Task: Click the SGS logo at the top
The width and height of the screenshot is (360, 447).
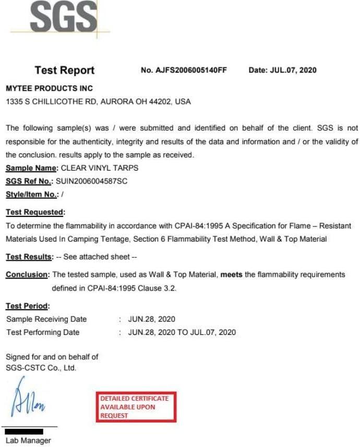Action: (x=63, y=17)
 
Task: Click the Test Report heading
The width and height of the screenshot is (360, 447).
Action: (x=65, y=70)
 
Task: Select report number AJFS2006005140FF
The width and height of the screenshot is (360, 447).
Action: (x=191, y=70)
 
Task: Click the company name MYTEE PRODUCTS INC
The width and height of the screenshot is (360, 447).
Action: (x=50, y=89)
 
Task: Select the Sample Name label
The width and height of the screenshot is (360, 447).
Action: (x=32, y=168)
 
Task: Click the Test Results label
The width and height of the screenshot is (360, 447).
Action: (x=29, y=257)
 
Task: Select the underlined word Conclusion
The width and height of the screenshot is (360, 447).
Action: (x=27, y=274)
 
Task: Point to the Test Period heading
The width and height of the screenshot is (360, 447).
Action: (x=28, y=306)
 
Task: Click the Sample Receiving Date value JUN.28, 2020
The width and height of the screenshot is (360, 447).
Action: (x=151, y=319)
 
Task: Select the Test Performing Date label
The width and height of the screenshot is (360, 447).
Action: (x=43, y=332)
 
